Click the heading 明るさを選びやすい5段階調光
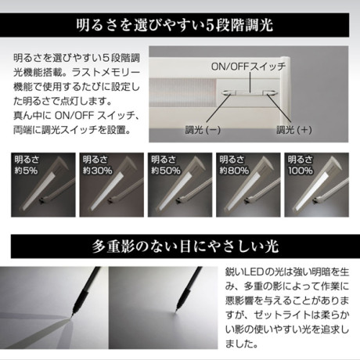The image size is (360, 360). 175,25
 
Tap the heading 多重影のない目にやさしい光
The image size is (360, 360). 185,247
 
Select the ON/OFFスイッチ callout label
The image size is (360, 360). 248,67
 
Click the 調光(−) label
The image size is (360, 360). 203,130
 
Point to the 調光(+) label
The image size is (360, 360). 294,130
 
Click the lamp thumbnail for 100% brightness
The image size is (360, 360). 316,185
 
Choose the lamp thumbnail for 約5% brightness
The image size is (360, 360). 43,185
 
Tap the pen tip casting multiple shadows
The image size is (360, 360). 70,317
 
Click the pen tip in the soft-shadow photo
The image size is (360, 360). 176,311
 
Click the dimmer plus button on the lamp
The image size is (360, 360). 271,92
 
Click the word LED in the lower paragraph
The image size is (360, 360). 250,272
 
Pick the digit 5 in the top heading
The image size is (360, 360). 210,26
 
